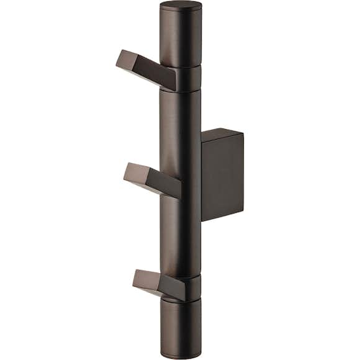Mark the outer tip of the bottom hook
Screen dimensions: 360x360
tap(136, 277)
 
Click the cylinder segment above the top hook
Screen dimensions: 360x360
tap(181, 37)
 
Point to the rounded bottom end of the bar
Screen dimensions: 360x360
tap(181, 355)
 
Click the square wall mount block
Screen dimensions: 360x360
tap(222, 177)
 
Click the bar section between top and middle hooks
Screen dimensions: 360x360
tap(180, 124)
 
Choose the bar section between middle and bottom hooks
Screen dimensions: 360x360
tap(181, 236)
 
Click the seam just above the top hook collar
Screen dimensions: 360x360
tap(181, 66)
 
